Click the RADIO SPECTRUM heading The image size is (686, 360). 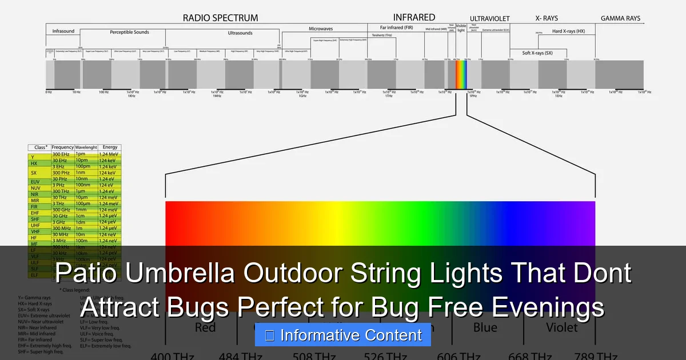click(220, 18)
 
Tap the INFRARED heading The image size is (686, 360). click(414, 17)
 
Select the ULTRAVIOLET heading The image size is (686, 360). click(489, 19)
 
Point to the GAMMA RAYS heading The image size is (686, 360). click(620, 18)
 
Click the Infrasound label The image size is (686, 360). click(63, 31)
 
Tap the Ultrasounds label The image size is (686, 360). click(240, 33)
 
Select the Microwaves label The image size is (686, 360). click(321, 29)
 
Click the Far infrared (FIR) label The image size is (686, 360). click(396, 27)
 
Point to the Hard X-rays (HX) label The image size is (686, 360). click(568, 31)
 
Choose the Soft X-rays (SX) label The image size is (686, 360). click(537, 53)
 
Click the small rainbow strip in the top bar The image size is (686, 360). click(461, 74)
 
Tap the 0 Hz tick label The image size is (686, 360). click(49, 92)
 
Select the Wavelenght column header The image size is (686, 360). click(86, 147)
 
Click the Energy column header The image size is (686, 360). click(110, 147)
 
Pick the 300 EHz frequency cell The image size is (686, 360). click(61, 154)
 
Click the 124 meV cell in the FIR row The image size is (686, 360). click(109, 203)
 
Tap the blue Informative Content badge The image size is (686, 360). click(343, 335)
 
